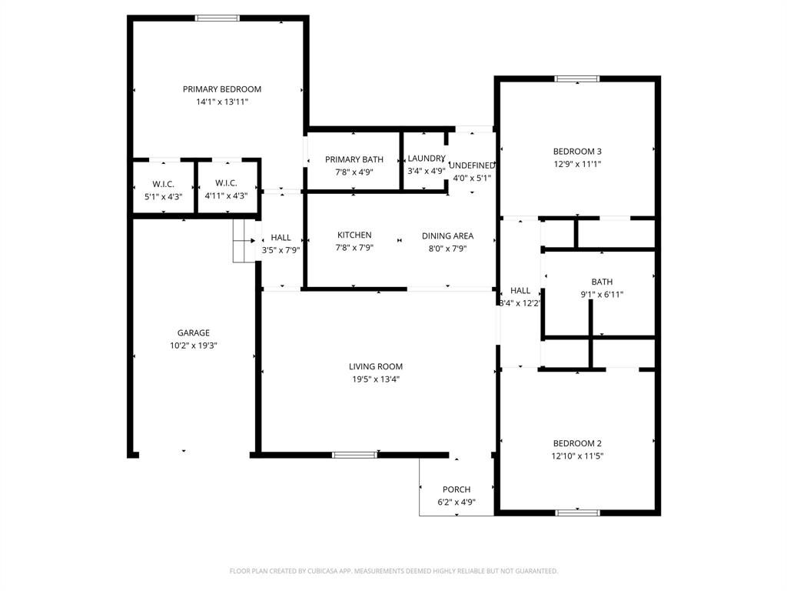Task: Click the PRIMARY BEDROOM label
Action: [x=222, y=89]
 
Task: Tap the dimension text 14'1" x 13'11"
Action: [x=222, y=102]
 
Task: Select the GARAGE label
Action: [x=194, y=333]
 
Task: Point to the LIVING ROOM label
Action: [x=376, y=367]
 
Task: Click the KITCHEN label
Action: [x=354, y=235]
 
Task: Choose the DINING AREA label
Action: [x=447, y=236]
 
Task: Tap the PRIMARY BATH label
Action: [x=354, y=160]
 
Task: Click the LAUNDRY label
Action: [x=426, y=159]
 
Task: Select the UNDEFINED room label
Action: [x=472, y=165]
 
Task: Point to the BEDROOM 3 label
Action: [x=577, y=152]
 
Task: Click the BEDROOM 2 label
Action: [x=577, y=443]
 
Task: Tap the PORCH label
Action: [x=457, y=489]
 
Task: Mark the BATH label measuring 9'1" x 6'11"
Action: [x=602, y=282]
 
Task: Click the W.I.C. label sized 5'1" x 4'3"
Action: [x=163, y=184]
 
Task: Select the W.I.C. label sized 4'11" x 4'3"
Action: [x=226, y=183]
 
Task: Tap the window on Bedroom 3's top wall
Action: [x=577, y=78]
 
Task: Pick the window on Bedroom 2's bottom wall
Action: [x=577, y=512]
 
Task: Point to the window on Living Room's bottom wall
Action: [x=354, y=455]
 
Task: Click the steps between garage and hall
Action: [x=244, y=241]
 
